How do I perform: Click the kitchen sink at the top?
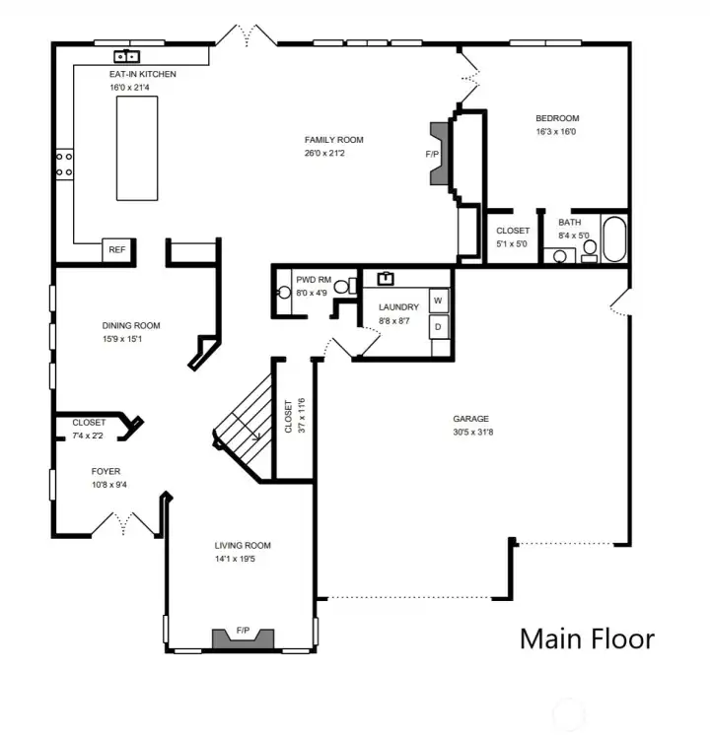[128, 56]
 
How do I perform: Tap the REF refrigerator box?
[117, 250]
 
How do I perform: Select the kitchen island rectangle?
[137, 149]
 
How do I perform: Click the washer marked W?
[438, 300]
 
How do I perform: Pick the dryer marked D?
[438, 324]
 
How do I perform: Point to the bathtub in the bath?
[613, 237]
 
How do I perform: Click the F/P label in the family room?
[432, 155]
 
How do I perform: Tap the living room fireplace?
[241, 638]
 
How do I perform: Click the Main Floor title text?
[587, 638]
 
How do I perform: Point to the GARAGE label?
[471, 419]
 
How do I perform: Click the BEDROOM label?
[556, 119]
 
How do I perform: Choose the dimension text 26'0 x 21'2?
[326, 153]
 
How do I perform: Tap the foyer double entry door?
[138, 523]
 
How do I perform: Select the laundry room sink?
[386, 278]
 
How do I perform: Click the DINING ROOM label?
[131, 326]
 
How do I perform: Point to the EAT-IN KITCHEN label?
[143, 74]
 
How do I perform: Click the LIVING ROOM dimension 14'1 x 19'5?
[243, 559]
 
